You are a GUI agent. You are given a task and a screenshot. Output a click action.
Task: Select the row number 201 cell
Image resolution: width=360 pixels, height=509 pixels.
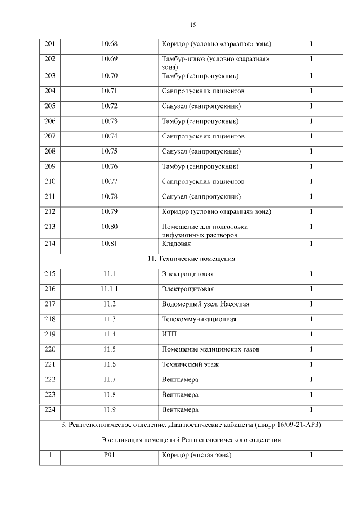pos(50,44)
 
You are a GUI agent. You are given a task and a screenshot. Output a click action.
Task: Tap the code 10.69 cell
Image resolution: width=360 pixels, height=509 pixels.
pos(110,60)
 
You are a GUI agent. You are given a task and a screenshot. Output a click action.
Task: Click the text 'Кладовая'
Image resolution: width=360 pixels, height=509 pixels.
pos(176,244)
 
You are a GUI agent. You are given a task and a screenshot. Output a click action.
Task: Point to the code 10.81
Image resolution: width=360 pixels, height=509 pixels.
pos(110,244)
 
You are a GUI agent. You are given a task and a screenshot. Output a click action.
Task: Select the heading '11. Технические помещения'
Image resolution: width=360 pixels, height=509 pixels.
pos(191,259)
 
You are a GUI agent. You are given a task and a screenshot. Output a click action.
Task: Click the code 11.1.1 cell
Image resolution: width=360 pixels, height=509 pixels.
pos(110,289)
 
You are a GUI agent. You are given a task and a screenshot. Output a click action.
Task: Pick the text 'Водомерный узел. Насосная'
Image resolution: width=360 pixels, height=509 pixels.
pos(205,304)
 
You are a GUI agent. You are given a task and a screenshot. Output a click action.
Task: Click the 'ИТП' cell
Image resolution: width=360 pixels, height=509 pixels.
pos(169,335)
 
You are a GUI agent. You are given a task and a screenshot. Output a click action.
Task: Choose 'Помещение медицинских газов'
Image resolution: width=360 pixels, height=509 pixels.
pos(210,350)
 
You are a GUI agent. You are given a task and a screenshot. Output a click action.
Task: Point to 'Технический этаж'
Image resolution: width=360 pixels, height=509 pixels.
pos(190,365)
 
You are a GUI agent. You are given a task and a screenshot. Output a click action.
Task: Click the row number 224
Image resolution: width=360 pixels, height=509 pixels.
pos(50,410)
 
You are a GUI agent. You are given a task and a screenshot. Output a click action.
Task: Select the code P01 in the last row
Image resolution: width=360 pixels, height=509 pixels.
pos(110,455)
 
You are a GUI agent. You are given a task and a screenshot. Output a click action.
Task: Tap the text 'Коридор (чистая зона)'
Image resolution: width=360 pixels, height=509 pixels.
pos(196,455)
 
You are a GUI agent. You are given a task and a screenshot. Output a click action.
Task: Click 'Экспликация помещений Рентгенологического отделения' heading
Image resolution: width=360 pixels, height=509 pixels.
pos(191,440)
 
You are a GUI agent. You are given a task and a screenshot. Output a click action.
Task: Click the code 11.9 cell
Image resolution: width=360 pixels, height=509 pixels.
pos(110,410)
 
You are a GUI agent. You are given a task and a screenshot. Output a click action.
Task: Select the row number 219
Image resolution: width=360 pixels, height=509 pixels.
pos(50,335)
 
